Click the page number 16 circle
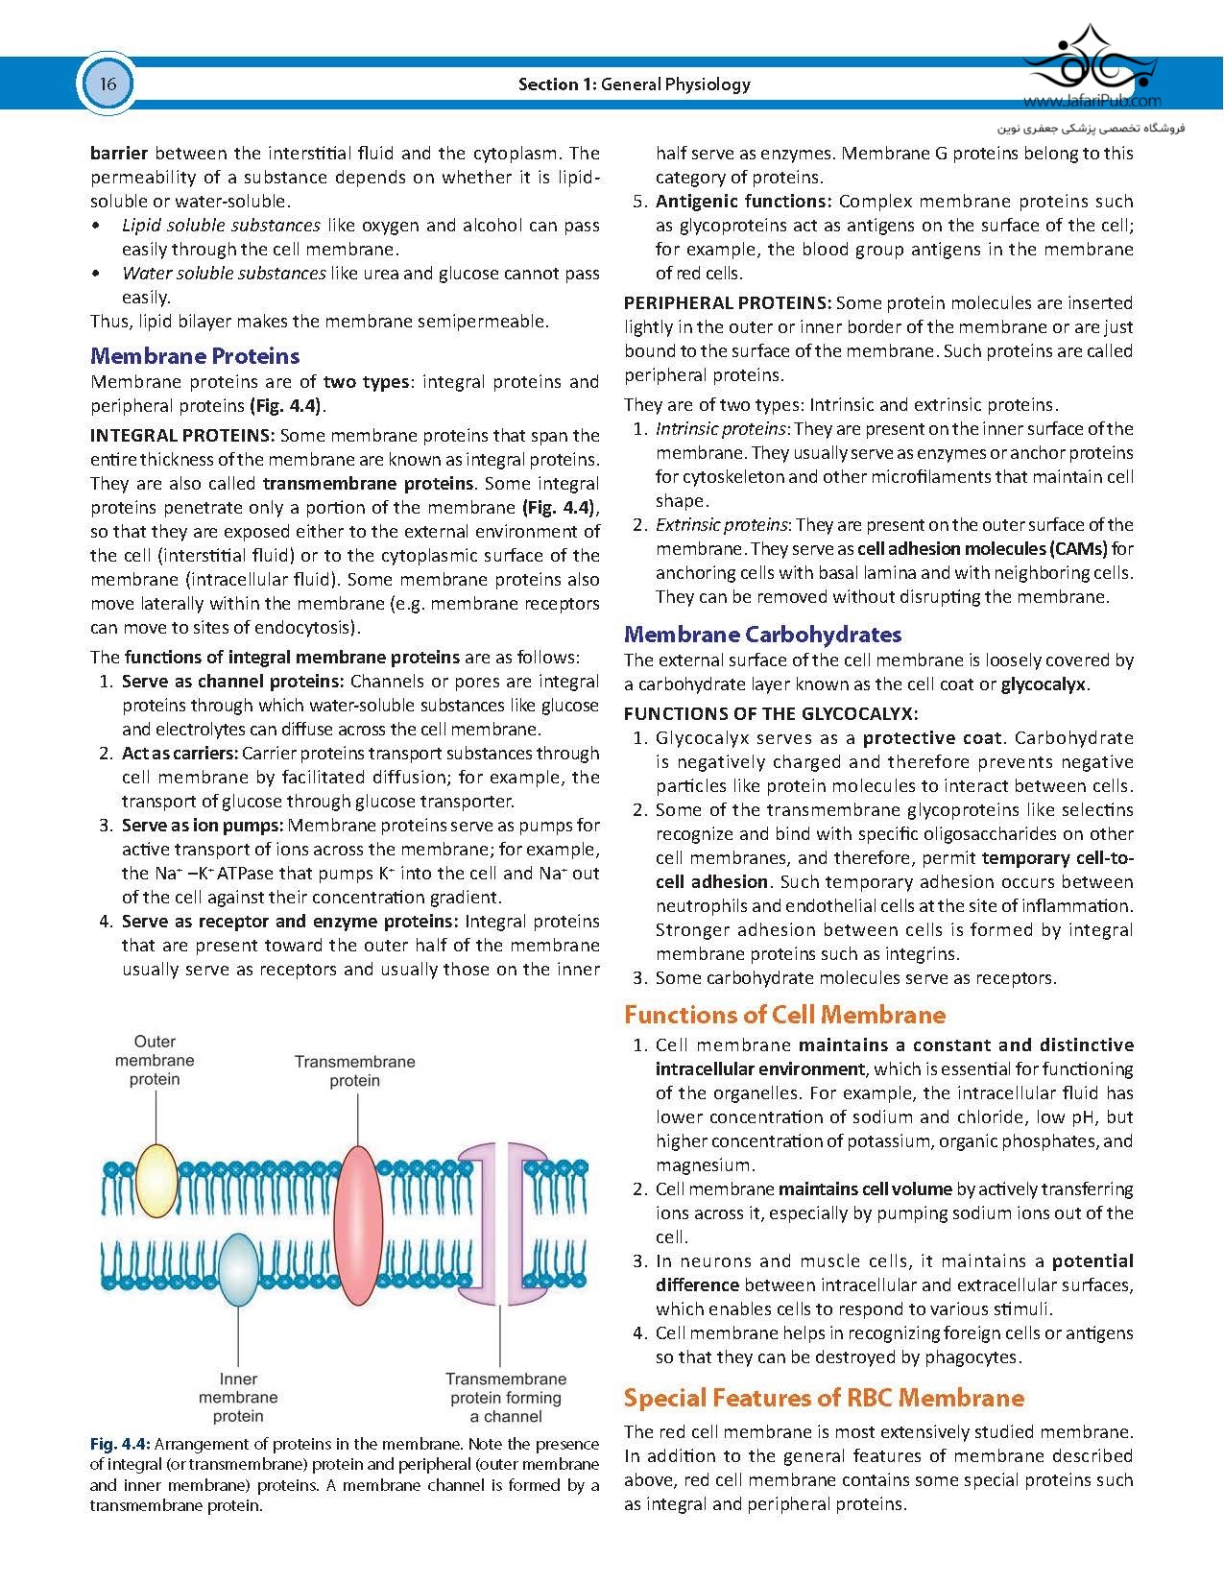click(107, 84)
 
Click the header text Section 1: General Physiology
click(634, 84)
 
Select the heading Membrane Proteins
click(195, 356)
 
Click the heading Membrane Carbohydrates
click(762, 635)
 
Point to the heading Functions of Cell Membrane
click(784, 1015)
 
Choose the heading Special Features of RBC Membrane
click(824, 1398)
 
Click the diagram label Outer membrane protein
click(155, 1060)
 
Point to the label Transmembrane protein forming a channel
click(505, 1397)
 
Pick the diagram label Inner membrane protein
click(238, 1397)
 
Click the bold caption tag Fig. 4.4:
click(119, 1444)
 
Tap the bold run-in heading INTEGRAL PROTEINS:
click(182, 436)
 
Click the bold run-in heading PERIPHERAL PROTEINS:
click(727, 303)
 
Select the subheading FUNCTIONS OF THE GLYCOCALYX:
click(770, 713)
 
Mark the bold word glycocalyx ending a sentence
click(1043, 684)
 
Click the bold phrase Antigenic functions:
click(743, 202)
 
